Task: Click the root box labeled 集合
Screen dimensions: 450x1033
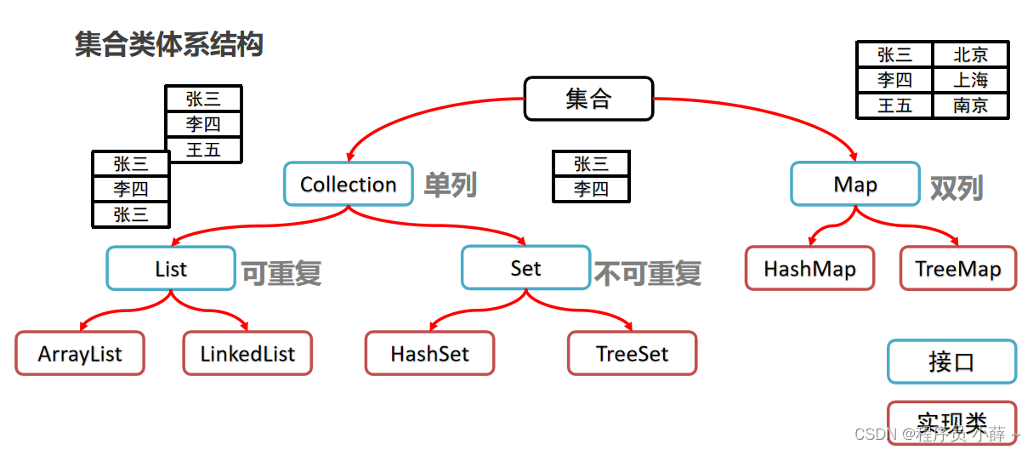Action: click(x=588, y=99)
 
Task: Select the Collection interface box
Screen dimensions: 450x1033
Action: click(x=348, y=184)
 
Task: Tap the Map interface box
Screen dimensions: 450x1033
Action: click(x=854, y=184)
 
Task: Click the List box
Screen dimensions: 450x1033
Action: click(x=170, y=269)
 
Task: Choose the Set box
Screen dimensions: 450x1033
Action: click(x=525, y=268)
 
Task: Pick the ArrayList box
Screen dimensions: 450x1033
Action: click(x=80, y=353)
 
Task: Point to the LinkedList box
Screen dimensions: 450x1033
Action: click(x=247, y=353)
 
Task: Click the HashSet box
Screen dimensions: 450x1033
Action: click(x=429, y=353)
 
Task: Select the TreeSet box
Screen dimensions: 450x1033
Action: click(x=632, y=353)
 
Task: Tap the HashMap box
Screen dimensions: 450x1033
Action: click(x=809, y=269)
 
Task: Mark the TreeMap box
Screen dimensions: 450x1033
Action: click(x=958, y=269)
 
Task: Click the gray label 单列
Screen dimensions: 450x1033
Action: click(x=451, y=185)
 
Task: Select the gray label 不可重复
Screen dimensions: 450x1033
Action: click(x=648, y=273)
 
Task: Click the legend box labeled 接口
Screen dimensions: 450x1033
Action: click(x=951, y=362)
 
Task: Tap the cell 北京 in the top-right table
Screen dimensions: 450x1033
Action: click(x=971, y=55)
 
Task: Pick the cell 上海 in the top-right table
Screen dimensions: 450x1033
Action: click(x=971, y=81)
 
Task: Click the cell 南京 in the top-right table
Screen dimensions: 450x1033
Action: click(x=971, y=106)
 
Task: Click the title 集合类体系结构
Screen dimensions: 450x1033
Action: click(x=169, y=44)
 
